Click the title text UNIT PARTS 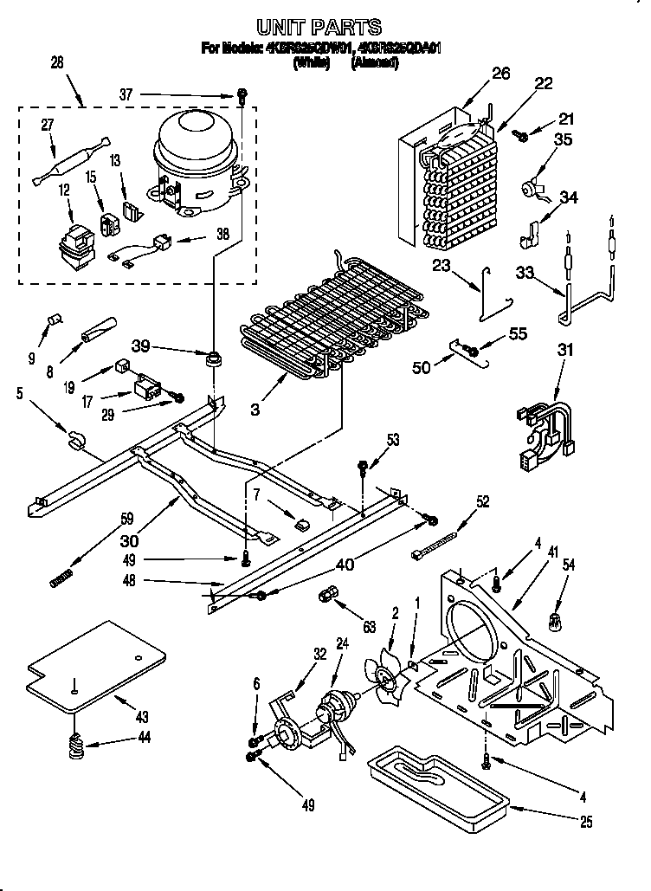pos(320,29)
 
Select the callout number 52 pos(483,500)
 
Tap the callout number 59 pos(127,520)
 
